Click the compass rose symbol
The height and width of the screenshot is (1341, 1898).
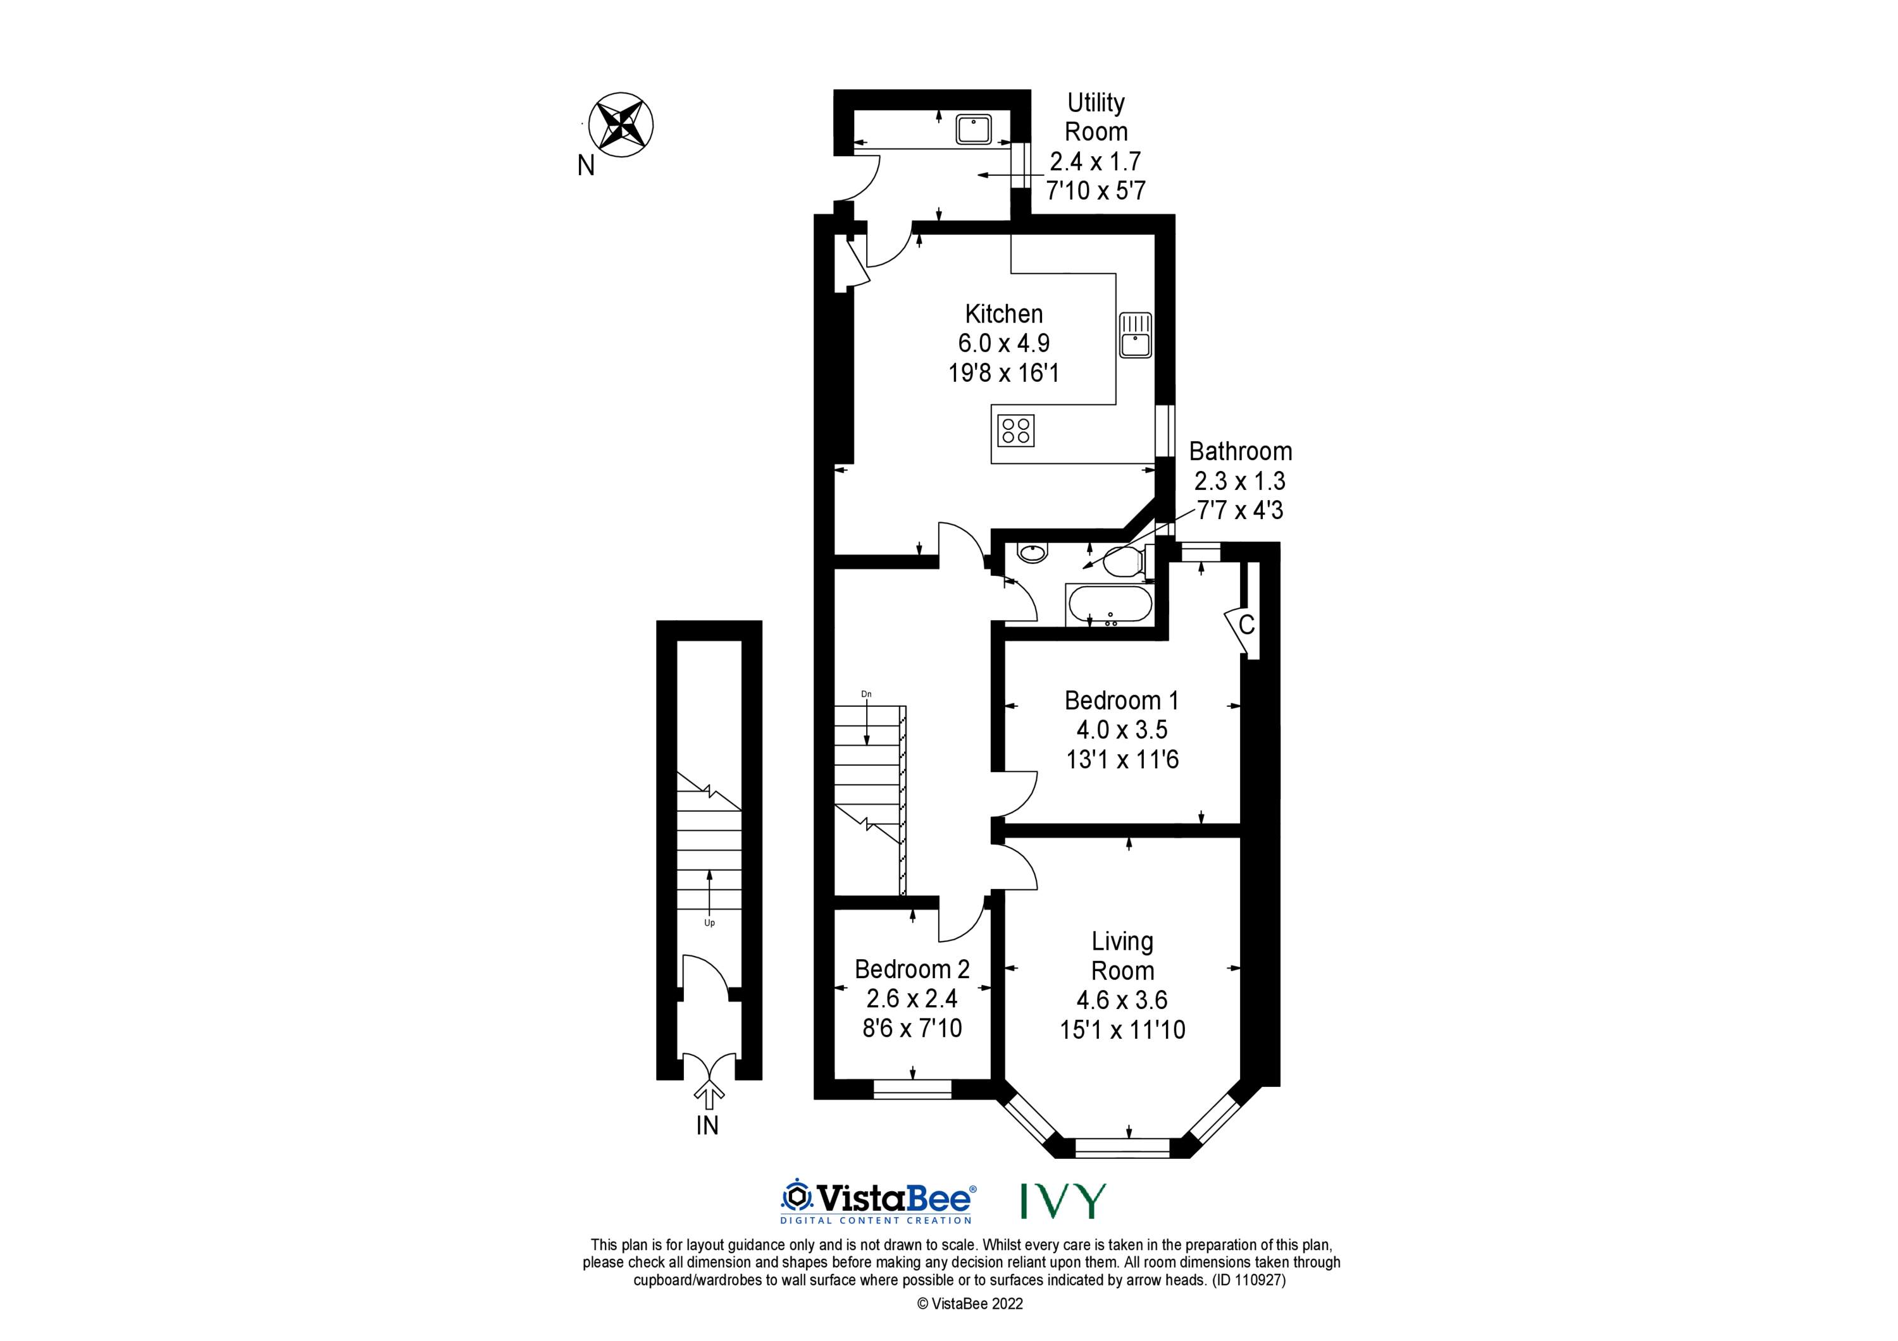point(620,126)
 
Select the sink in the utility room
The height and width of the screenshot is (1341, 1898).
point(974,130)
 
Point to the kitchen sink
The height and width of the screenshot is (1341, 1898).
point(1136,334)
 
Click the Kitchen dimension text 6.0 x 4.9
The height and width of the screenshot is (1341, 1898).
point(1003,343)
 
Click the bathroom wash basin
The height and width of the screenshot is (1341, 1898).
point(1031,552)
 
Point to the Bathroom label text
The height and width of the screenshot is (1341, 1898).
point(1240,451)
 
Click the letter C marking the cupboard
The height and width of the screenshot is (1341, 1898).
point(1246,625)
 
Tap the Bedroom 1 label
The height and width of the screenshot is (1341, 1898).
point(1122,701)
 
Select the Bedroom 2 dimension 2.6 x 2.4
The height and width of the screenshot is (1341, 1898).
point(912,999)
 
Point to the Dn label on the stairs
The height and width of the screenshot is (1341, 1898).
point(866,694)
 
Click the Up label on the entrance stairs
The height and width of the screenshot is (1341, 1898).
point(709,923)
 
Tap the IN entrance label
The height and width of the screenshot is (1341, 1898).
point(707,1125)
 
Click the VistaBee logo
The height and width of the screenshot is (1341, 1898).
point(879,1201)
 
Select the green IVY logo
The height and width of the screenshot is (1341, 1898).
point(1062,1201)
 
